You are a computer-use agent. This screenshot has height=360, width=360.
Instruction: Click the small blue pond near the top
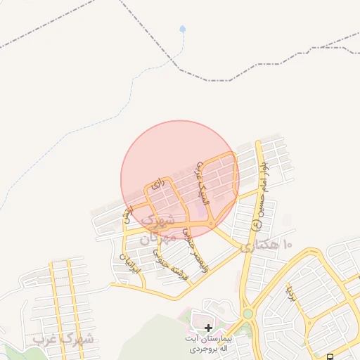point(183,30)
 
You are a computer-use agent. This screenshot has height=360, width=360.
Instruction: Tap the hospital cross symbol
point(208,328)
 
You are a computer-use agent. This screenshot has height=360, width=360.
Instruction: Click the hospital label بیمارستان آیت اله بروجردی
point(210,344)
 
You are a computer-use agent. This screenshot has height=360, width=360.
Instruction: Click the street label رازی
point(158,184)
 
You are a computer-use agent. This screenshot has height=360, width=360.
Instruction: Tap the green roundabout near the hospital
point(247,314)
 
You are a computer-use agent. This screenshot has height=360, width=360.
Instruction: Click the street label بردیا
point(290,288)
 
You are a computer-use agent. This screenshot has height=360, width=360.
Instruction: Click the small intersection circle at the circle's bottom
point(210,224)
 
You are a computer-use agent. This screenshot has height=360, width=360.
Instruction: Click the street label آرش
point(127,213)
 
